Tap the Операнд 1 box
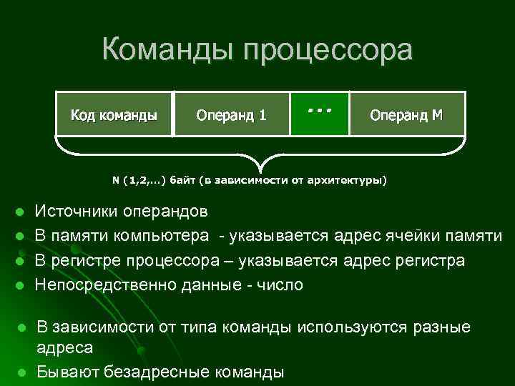tap(231, 114)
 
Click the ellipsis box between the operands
tap(320, 113)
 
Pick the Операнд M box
tap(406, 114)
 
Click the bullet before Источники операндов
tap(21, 212)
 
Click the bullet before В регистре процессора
tap(21, 261)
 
